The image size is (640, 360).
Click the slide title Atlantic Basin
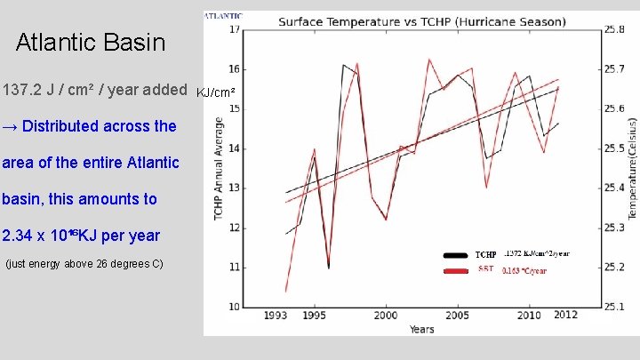pos(91,42)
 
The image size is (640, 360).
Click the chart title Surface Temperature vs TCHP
pos(422,20)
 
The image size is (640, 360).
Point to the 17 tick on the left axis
pos(234,29)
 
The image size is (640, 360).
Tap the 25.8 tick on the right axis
pos(614,29)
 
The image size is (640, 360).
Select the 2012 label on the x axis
pos(564,316)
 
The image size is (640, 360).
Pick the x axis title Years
pos(421,329)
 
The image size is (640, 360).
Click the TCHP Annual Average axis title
pos(218,169)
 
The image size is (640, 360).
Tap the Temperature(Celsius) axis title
pos(632,169)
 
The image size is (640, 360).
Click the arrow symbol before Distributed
pos(10,126)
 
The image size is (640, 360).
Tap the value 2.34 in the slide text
pos(17,236)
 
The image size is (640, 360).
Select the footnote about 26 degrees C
pos(84,264)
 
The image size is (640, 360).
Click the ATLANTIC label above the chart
pos(223,16)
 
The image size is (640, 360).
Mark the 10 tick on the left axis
pos(234,307)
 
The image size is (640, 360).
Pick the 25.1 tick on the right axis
pos(614,307)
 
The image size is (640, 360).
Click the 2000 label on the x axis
pos(385,316)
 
